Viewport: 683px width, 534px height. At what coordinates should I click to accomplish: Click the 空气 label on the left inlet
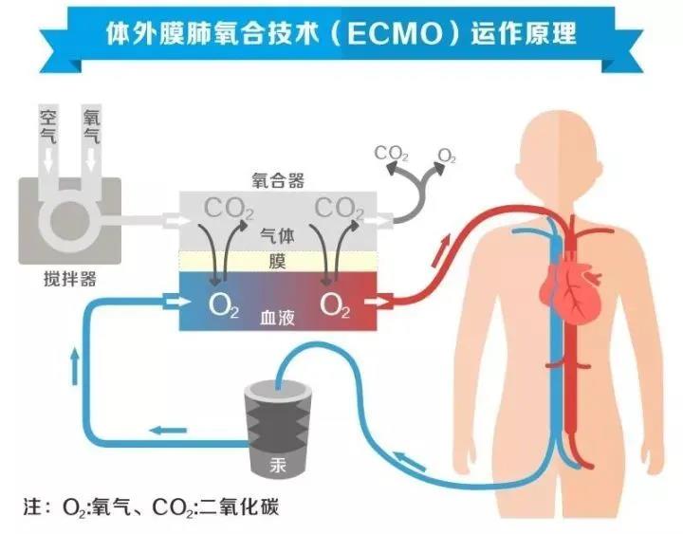(x=48, y=127)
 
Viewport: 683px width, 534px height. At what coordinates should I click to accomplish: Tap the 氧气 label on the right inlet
(x=91, y=127)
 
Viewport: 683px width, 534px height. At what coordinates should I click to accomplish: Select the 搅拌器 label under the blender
(x=69, y=279)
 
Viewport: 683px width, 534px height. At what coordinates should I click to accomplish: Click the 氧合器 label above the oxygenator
(x=278, y=180)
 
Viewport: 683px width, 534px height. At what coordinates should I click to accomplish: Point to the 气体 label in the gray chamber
(x=277, y=236)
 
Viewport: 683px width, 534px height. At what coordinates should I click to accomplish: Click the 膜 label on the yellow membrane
(x=277, y=262)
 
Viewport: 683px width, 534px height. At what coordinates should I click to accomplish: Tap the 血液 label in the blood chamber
(x=277, y=318)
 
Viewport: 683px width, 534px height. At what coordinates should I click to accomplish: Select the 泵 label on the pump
(x=278, y=465)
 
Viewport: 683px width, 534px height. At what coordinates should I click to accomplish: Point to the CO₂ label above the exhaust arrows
(x=391, y=154)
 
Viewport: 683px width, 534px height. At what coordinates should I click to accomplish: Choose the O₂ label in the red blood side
(x=335, y=305)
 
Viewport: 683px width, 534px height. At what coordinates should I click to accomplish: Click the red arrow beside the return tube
(x=441, y=250)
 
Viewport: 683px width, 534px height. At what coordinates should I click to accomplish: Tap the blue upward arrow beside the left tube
(x=75, y=366)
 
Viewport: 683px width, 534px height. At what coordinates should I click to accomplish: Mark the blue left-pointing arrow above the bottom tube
(x=168, y=431)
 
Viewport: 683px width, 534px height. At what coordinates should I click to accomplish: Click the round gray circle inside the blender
(x=69, y=221)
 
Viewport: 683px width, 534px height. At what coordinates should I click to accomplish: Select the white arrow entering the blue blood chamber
(x=176, y=301)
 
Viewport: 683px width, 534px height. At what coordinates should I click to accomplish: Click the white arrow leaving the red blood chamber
(x=378, y=301)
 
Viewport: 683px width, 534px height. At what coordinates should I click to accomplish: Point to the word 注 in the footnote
(x=32, y=507)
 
